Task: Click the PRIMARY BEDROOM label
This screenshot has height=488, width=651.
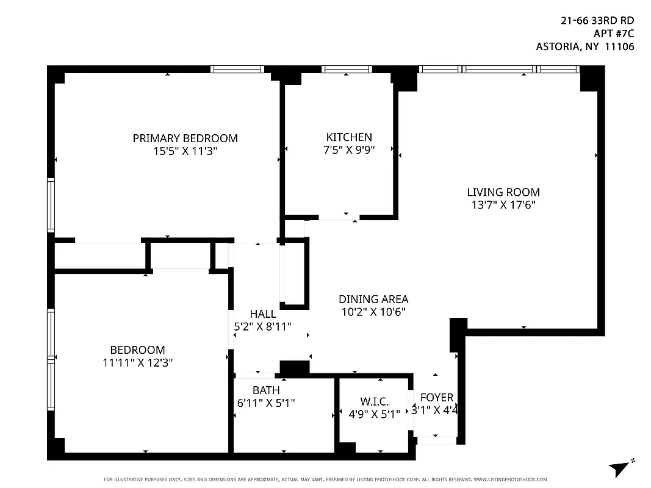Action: pos(185,138)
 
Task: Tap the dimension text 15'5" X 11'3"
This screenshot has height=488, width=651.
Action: pos(185,151)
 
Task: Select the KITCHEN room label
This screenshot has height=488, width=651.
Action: pos(348,137)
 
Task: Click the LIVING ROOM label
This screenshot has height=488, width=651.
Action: pos(503,192)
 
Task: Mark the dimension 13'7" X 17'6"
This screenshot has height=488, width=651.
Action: pos(503,205)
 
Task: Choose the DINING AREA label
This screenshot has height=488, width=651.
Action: pos(373,299)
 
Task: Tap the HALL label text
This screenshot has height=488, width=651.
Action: pos(262,314)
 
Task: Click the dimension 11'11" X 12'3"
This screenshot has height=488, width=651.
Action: pos(137,362)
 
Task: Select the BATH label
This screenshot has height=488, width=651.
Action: pos(266,390)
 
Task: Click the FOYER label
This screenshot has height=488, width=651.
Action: pos(437,398)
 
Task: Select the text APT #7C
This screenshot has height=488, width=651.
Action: pos(613,33)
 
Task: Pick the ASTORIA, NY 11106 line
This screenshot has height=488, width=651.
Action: pos(584,46)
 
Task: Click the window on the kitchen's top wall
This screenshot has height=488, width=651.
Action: pos(347,69)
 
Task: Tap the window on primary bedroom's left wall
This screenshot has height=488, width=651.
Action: pos(51,205)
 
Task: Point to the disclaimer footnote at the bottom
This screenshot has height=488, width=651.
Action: pos(325,479)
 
